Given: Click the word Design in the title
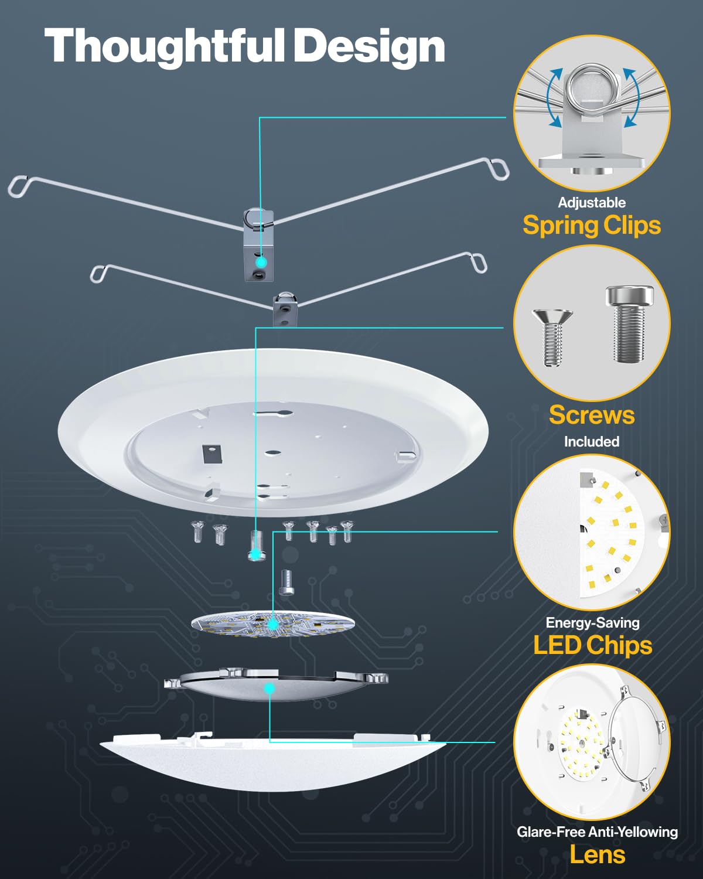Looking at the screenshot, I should click(x=369, y=47).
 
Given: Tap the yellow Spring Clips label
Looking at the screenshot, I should click(x=592, y=226).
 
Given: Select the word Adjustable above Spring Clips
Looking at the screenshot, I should click(x=592, y=203).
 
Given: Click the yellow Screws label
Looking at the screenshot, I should click(x=592, y=415).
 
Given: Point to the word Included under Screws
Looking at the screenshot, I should click(x=592, y=441).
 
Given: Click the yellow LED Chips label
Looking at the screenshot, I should click(x=592, y=645).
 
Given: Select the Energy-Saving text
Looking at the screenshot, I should click(x=592, y=622).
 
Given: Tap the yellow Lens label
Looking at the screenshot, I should click(x=597, y=854).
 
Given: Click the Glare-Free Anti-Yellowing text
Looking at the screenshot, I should click(x=597, y=832).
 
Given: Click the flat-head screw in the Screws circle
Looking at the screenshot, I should click(x=552, y=337).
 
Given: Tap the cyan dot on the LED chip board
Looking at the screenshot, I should click(x=273, y=625).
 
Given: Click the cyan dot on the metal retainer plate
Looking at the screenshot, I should click(x=269, y=688).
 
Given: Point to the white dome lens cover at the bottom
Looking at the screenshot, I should click(x=272, y=762).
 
